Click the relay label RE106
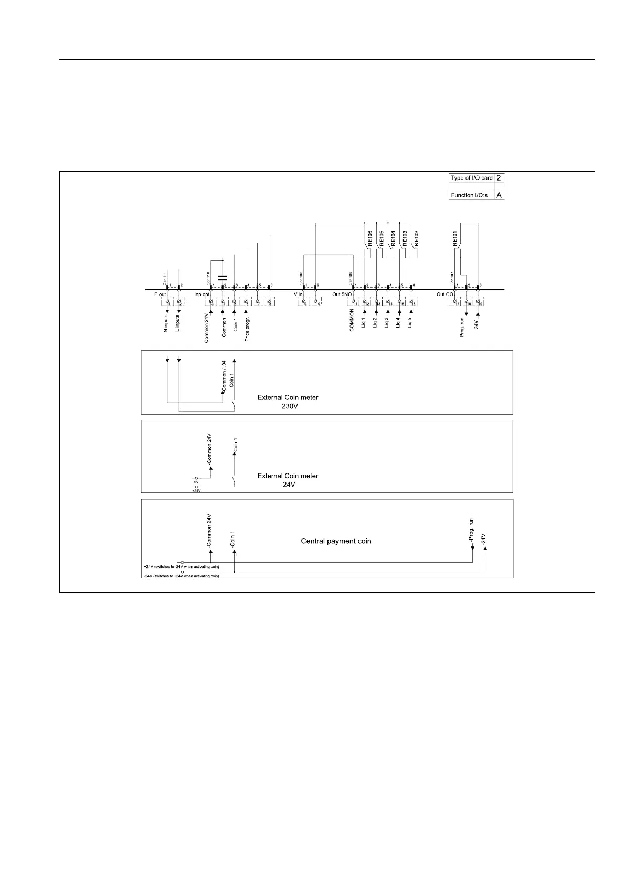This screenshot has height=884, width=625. [x=370, y=238]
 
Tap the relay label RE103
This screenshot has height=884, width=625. [x=405, y=238]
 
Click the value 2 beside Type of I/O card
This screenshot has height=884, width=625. [x=499, y=178]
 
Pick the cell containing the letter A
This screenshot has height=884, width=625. [x=499, y=195]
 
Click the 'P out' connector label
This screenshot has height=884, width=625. [x=160, y=294]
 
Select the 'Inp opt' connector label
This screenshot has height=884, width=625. [x=202, y=294]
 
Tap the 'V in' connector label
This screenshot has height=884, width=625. [x=298, y=294]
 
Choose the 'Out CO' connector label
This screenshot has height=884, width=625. [x=444, y=294]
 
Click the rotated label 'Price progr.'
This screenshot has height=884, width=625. [x=247, y=329]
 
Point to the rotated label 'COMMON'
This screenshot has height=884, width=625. [x=352, y=320]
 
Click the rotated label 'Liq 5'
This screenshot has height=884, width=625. [x=410, y=321]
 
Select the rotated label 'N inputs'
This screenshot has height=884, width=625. [x=166, y=324]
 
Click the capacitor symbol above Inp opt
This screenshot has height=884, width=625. [x=223, y=277]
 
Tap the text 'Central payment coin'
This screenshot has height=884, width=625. [x=336, y=541]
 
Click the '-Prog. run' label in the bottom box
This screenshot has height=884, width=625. [x=471, y=531]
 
